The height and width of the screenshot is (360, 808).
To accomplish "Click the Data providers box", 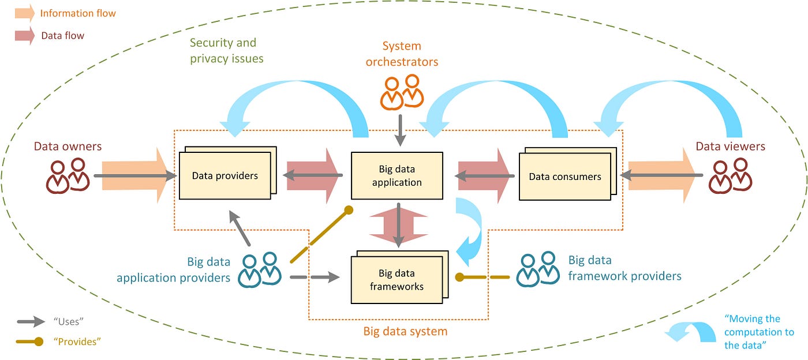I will pyautogui.click(x=225, y=175).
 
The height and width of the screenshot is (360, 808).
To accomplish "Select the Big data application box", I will pyautogui.click(x=397, y=176).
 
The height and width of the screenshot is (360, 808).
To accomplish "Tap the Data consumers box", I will pyautogui.click(x=565, y=177).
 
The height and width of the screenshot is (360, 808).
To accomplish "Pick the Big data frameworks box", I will pyautogui.click(x=397, y=280).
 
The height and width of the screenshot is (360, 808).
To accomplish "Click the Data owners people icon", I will pyautogui.click(x=68, y=176).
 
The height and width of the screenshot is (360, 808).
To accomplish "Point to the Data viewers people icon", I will pyautogui.click(x=730, y=176).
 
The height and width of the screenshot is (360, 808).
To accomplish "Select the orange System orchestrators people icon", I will pyautogui.click(x=401, y=92).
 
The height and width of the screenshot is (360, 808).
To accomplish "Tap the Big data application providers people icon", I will pyautogui.click(x=260, y=269).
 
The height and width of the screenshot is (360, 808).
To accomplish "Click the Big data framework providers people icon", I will pyautogui.click(x=537, y=269).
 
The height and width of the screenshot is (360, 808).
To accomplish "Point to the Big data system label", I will pyautogui.click(x=405, y=332).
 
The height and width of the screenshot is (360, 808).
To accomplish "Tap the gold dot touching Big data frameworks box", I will pyautogui.click(x=459, y=277).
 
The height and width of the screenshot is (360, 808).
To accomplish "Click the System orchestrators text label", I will pyautogui.click(x=402, y=54).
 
